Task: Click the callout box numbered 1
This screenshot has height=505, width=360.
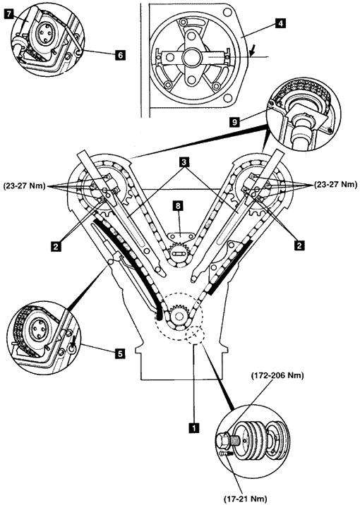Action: (193, 427)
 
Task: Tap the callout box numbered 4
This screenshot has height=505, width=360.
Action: (280, 23)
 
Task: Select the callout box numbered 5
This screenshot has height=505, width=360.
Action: (119, 353)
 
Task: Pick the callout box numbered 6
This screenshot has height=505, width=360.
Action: (120, 55)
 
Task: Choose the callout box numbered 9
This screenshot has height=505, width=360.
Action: (234, 122)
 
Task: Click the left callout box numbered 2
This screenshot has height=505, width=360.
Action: (56, 246)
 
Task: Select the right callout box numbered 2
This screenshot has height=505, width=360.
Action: (299, 245)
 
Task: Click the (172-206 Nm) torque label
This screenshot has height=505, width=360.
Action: (277, 376)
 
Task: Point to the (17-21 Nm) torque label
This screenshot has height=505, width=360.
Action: (246, 499)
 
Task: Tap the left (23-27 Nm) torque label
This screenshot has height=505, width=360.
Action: (24, 186)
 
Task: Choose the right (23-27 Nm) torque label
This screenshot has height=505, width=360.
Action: (335, 185)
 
